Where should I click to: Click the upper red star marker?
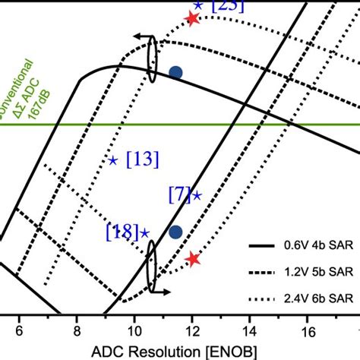[192, 19]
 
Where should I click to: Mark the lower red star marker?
[193, 260]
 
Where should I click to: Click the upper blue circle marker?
[175, 73]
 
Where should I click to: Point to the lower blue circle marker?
[175, 232]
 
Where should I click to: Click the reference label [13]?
[142, 159]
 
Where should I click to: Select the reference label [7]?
[179, 194]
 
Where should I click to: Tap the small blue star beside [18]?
[144, 233]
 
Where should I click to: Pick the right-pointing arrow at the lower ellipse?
[163, 291]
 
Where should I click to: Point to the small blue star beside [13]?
[113, 160]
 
